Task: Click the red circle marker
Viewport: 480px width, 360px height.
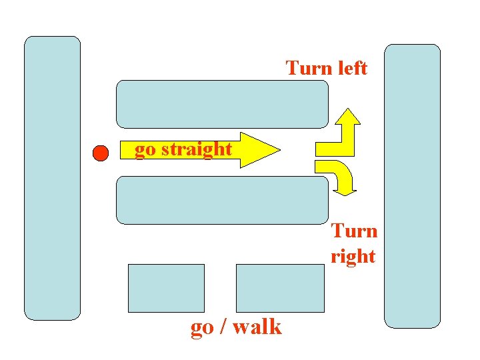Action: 100,153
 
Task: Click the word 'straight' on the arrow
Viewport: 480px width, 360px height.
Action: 197,149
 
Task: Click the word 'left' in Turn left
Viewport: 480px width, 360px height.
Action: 347,68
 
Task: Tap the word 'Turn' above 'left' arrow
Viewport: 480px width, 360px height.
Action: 305,68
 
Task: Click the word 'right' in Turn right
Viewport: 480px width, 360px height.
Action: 353,257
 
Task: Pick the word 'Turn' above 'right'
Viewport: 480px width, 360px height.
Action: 355,231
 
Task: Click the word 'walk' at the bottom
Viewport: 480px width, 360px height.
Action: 255,327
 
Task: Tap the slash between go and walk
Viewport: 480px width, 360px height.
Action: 221,327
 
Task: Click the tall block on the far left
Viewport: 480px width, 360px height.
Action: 52,178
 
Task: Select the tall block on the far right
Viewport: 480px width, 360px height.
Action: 413,186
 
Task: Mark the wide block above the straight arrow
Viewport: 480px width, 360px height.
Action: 223,104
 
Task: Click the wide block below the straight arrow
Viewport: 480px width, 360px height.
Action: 223,200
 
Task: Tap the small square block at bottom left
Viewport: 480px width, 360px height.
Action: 166,288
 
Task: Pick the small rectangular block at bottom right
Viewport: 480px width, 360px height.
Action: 280,288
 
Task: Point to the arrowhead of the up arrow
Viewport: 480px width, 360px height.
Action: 347,116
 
